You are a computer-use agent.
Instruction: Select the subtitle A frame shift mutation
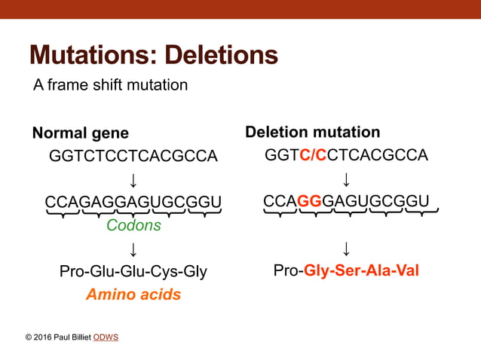coord(110,84)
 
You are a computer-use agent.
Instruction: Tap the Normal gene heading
coord(80,133)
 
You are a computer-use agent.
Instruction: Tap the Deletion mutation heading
coord(312,133)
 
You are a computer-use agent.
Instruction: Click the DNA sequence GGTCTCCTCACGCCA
coord(133,157)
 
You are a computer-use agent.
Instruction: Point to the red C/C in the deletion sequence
coord(312,156)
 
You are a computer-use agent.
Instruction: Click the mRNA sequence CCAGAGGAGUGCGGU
coord(133,203)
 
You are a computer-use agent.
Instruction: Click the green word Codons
coord(133,225)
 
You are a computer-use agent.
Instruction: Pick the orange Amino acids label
coord(133,294)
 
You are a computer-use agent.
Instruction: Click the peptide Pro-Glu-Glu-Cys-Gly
coord(133,271)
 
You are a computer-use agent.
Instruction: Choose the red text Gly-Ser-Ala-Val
coord(361,270)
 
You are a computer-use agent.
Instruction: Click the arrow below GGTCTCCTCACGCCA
coord(133,180)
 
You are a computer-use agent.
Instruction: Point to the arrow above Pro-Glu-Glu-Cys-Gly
coord(133,249)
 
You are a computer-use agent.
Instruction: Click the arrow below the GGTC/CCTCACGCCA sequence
coord(347,179)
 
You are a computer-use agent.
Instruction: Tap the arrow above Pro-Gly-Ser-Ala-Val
coord(347,248)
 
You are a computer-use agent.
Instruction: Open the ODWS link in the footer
coord(106,337)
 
